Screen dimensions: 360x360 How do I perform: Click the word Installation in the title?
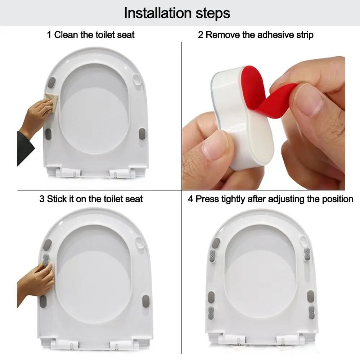pyautogui.click(x=158, y=13)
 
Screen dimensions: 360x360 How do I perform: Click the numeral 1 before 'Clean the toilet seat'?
pyautogui.click(x=49, y=35)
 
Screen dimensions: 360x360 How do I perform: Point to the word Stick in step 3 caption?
pyautogui.click(x=57, y=199)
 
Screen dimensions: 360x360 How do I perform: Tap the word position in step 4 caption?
pyautogui.click(x=338, y=199)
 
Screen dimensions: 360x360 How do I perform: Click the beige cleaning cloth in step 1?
pyautogui.click(x=51, y=103)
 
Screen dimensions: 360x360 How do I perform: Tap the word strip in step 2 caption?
pyautogui.click(x=305, y=35)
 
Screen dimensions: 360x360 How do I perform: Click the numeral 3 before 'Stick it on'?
pyautogui.click(x=42, y=199)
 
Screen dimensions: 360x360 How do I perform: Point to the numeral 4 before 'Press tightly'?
pyautogui.click(x=190, y=199)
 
